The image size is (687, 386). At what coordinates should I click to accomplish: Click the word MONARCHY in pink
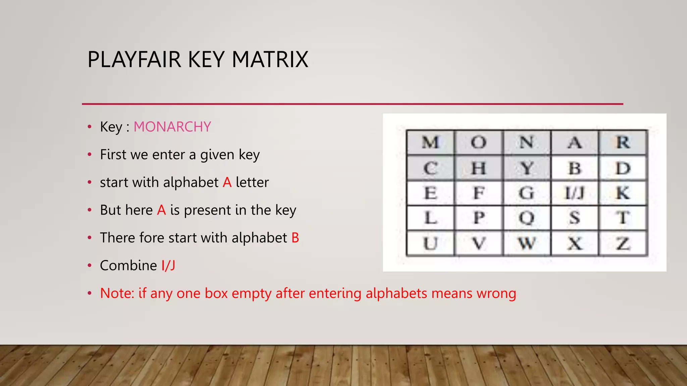pyautogui.click(x=172, y=127)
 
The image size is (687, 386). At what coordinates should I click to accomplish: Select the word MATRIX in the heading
pyautogui.click(x=270, y=60)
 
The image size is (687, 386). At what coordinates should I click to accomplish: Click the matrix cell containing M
pyautogui.click(x=430, y=142)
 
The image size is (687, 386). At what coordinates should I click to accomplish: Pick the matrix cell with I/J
pyautogui.click(x=575, y=193)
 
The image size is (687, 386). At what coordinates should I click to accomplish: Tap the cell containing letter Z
pyautogui.click(x=623, y=243)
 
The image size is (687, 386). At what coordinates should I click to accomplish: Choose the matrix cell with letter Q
pyautogui.click(x=527, y=218)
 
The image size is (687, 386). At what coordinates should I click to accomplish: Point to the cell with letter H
pyautogui.click(x=479, y=168)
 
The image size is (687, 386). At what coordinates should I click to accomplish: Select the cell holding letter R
pyautogui.click(x=623, y=142)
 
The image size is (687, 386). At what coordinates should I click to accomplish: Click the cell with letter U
pyautogui.click(x=430, y=243)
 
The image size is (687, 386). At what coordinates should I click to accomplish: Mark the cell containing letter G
pyautogui.click(x=527, y=193)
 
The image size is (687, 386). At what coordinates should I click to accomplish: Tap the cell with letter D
pyautogui.click(x=623, y=168)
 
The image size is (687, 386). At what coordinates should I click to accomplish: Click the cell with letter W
pyautogui.click(x=527, y=243)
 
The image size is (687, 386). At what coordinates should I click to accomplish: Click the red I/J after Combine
pyautogui.click(x=168, y=266)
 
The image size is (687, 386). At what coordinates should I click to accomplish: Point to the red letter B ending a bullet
pyautogui.click(x=295, y=238)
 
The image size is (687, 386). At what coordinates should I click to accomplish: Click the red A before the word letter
pyautogui.click(x=227, y=183)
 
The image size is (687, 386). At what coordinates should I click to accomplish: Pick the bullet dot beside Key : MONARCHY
pyautogui.click(x=90, y=127)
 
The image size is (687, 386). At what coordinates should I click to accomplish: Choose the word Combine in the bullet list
pyautogui.click(x=128, y=266)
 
